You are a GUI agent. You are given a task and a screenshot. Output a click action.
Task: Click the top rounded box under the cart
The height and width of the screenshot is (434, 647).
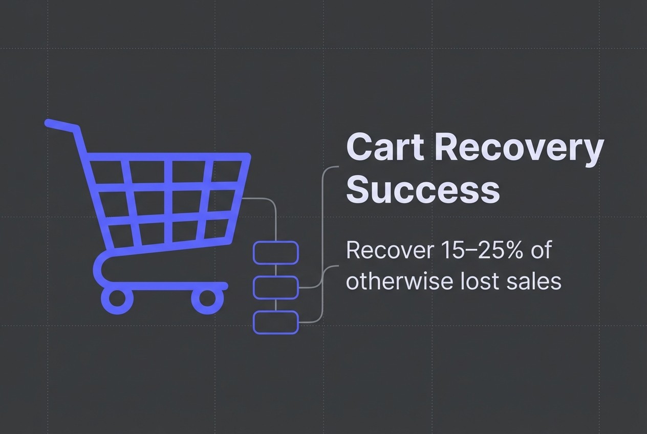coord(276,252)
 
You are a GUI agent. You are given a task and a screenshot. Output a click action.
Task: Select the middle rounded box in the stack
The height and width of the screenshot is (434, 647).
coord(276,287)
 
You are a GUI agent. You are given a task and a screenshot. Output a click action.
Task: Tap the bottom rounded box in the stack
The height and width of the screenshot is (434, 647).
coord(276,322)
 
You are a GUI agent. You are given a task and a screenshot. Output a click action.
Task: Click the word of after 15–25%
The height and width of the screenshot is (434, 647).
coord(540,250)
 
